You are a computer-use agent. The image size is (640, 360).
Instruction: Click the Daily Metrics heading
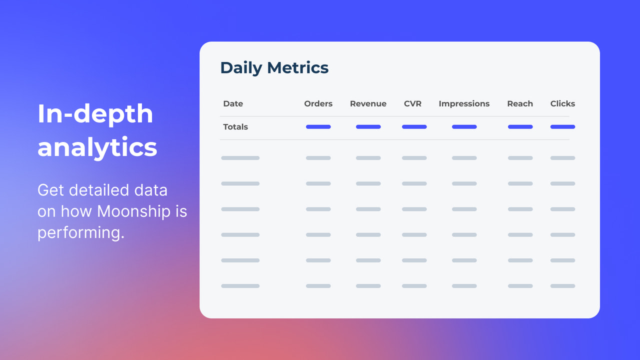[274, 68]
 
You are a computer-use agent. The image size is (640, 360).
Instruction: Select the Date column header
[233, 104]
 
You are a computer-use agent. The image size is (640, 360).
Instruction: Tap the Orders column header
[318, 104]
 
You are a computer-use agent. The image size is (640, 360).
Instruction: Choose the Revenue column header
[368, 104]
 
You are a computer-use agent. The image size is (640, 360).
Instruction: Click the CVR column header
[412, 104]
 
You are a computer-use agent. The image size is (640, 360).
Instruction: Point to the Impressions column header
[464, 104]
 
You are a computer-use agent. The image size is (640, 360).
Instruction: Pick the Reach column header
[520, 104]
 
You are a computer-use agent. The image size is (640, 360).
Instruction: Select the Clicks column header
[562, 104]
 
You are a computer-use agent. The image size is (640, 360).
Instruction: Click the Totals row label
[235, 127]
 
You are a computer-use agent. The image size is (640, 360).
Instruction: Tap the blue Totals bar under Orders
[318, 127]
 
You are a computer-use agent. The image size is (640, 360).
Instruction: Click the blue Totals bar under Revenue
[368, 127]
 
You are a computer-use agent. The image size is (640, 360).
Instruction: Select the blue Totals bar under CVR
[414, 127]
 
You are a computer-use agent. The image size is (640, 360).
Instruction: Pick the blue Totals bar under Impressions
[464, 127]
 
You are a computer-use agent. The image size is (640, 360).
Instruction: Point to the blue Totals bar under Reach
[520, 127]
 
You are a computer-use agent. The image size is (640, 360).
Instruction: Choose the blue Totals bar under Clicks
[562, 127]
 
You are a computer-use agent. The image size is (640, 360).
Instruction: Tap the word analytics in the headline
[97, 147]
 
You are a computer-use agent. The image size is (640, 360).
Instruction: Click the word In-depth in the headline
[95, 114]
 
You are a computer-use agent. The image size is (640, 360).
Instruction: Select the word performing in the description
[80, 233]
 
